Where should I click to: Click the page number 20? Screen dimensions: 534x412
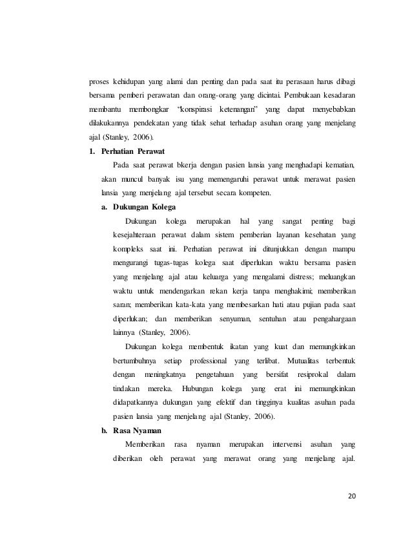(351, 497)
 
